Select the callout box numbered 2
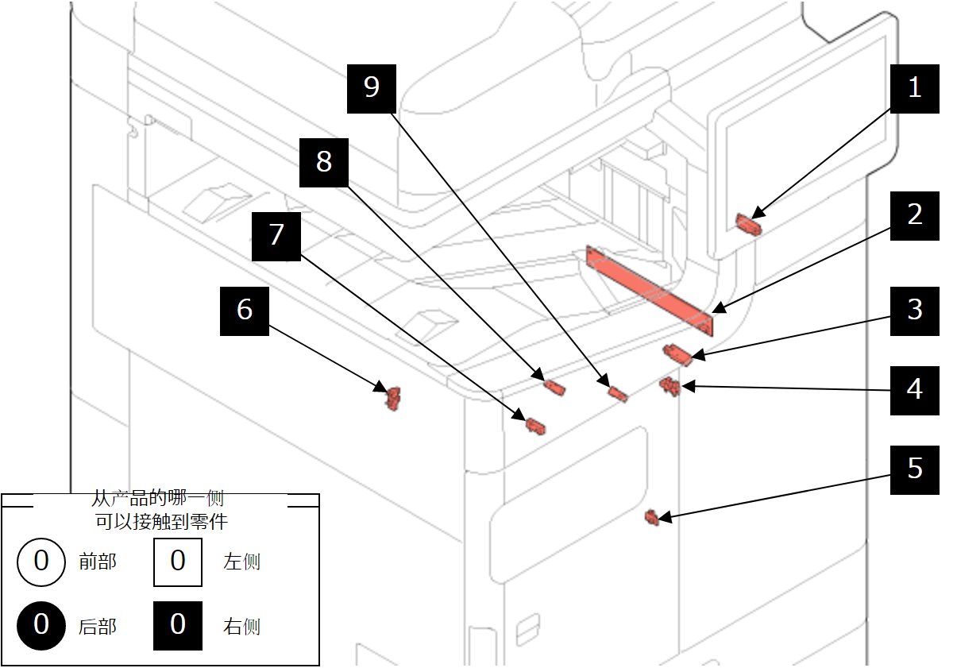click(914, 215)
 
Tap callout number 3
click(914, 311)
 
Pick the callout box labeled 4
click(914, 390)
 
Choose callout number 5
click(914, 469)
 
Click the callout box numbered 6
click(244, 311)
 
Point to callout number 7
click(276, 236)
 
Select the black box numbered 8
click(323, 162)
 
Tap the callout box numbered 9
click(371, 87)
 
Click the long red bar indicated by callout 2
click(650, 290)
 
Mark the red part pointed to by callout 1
click(747, 224)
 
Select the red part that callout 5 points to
click(652, 518)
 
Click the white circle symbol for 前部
click(41, 562)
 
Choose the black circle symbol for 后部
click(41, 626)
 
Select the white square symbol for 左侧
click(177, 562)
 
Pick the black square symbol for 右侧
click(177, 626)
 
